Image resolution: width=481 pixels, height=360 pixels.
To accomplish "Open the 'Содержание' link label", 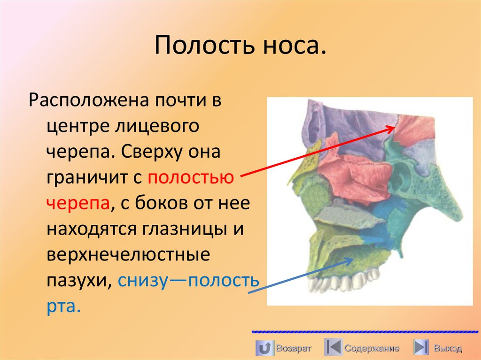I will (372, 348).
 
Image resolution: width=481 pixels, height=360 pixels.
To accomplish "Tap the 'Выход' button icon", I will (421, 348).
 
